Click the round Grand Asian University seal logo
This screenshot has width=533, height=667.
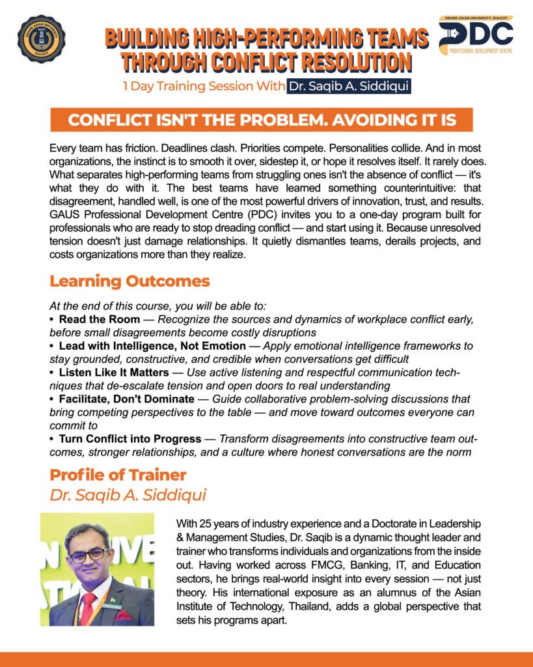(40, 39)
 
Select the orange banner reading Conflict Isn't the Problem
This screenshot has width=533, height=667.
(261, 120)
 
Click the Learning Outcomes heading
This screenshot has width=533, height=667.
(130, 281)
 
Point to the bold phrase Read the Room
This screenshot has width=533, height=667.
(99, 319)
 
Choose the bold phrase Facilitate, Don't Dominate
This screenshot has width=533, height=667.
(126, 399)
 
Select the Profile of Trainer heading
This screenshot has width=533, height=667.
(118, 475)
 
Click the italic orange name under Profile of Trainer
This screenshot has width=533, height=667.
(128, 495)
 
